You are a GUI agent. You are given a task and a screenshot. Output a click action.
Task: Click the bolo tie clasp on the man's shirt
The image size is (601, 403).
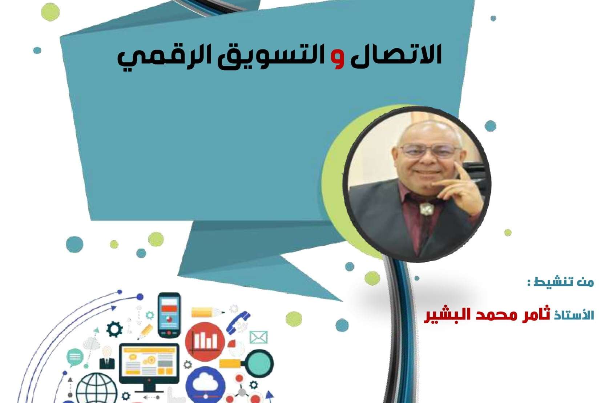(426, 209)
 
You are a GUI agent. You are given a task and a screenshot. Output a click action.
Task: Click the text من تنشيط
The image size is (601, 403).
(561, 282)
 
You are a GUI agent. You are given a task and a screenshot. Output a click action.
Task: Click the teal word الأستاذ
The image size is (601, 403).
(574, 314)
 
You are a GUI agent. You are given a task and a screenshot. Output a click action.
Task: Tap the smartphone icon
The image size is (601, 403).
(169, 315)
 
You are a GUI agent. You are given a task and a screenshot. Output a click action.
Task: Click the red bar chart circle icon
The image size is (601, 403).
(205, 342)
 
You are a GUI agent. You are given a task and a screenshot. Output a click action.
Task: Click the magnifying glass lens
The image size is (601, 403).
(259, 363)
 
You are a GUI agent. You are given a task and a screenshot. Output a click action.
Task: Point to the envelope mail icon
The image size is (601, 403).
(258, 337)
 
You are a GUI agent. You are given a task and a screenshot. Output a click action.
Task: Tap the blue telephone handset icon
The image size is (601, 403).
(238, 322)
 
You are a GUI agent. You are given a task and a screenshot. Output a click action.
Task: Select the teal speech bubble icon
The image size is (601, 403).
(74, 357)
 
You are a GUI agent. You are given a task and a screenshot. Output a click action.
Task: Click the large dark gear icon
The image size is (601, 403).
(115, 330)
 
